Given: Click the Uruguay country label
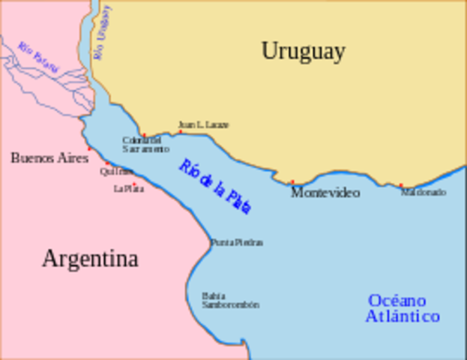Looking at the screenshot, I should coord(303,51).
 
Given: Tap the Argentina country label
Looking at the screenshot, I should coord(90,259).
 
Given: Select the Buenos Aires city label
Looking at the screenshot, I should coord(49,157).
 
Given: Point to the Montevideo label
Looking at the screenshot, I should coord(325,193).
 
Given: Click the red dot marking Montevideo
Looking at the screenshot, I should coord(292,182).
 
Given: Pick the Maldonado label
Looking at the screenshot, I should coord(423,192).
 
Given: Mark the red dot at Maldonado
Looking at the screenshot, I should coord(400,185).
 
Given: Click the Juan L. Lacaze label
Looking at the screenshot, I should coord(203,124).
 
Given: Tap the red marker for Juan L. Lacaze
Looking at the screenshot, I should coord(180,132).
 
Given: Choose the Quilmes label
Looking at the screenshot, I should coord(116,172).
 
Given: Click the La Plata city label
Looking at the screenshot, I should coord(129,188).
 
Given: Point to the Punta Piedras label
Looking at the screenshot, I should coord(236,242).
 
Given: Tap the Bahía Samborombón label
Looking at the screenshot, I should coord(230,300).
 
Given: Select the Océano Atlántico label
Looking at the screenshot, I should coord(403,308).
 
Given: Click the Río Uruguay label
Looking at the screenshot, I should coord(102,31).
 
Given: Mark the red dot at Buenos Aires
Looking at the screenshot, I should coord(89,149).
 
